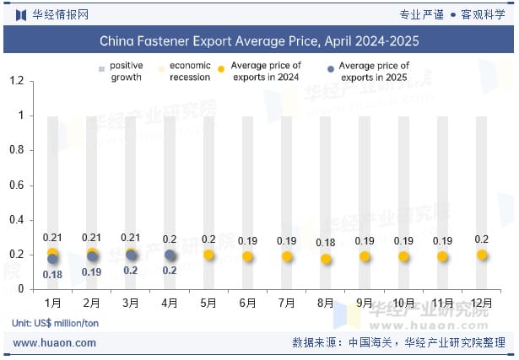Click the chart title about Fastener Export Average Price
[259, 40]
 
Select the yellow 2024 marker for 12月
[482, 255]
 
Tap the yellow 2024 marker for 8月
[326, 259]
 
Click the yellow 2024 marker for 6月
[248, 256]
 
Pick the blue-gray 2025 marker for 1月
[53, 259]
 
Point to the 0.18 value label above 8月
[326, 243]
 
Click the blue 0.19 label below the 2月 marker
[91, 271]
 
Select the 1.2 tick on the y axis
[16, 81]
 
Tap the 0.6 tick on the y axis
[16, 185]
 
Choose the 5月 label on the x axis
[208, 303]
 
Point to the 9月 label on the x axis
[365, 303]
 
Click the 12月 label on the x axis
[482, 303]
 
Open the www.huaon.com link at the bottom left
[55, 343]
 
